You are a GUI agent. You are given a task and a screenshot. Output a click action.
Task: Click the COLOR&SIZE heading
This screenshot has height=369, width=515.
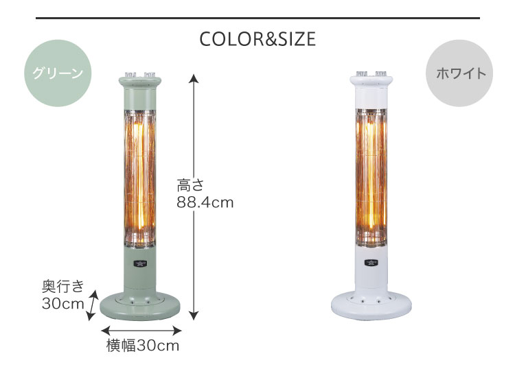coord(257,39)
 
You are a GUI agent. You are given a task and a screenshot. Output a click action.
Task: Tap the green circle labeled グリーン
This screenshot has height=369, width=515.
coord(58,73)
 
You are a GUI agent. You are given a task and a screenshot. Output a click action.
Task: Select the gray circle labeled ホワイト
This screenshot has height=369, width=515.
coord(459,73)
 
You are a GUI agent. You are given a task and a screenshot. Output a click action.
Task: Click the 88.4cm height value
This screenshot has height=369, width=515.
coord(205,202)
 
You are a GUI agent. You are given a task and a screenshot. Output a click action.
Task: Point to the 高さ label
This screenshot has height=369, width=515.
coord(190,185)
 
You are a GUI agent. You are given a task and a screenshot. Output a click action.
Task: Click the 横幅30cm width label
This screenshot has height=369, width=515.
coord(143,346)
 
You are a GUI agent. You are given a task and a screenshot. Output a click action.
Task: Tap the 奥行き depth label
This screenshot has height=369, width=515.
coord(63,286)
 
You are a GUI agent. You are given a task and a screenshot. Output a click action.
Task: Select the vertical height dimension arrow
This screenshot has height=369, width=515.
coord(194,197)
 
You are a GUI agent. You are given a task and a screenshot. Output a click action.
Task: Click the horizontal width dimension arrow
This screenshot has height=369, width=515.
coord(141,331)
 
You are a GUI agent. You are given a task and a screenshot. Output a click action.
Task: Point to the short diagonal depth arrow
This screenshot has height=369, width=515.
coord(92,305)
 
